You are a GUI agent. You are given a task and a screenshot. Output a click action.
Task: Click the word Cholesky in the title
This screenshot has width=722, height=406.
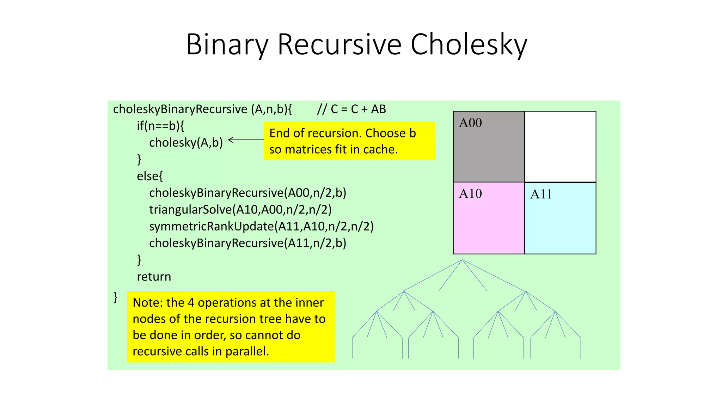click(x=469, y=45)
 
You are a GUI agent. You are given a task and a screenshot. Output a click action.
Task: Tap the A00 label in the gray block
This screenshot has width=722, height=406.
click(x=470, y=123)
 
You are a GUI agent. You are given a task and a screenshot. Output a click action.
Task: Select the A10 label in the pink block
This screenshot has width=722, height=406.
click(x=470, y=194)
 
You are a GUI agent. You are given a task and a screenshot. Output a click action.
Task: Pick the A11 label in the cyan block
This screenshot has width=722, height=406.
click(x=541, y=194)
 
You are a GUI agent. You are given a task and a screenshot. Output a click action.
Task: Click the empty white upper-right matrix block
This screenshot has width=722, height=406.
click(x=560, y=147)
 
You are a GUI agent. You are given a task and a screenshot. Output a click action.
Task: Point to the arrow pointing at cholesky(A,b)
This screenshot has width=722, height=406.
click(x=245, y=140)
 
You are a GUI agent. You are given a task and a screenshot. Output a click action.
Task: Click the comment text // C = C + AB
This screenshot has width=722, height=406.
click(x=351, y=109)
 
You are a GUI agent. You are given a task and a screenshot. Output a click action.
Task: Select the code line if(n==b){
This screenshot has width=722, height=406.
click(x=160, y=126)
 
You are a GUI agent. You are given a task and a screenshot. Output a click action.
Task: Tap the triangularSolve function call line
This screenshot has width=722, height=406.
click(x=240, y=210)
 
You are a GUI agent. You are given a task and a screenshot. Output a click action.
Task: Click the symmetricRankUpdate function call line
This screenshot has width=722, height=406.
click(x=261, y=226)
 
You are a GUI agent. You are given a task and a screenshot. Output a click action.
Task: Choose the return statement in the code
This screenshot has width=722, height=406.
click(x=154, y=277)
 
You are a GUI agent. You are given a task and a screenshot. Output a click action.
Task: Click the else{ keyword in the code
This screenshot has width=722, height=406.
click(x=150, y=176)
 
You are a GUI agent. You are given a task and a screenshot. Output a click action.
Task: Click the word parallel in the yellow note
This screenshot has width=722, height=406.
click(x=247, y=351)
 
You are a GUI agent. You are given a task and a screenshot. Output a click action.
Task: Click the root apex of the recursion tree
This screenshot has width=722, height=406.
click(x=462, y=260)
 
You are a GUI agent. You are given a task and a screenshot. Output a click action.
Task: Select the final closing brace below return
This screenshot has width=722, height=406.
click(x=115, y=297)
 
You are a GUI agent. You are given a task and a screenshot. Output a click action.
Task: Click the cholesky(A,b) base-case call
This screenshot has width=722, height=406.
click(x=186, y=143)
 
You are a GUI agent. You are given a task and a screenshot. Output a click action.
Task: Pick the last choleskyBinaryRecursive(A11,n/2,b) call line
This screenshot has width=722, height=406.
click(x=247, y=243)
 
